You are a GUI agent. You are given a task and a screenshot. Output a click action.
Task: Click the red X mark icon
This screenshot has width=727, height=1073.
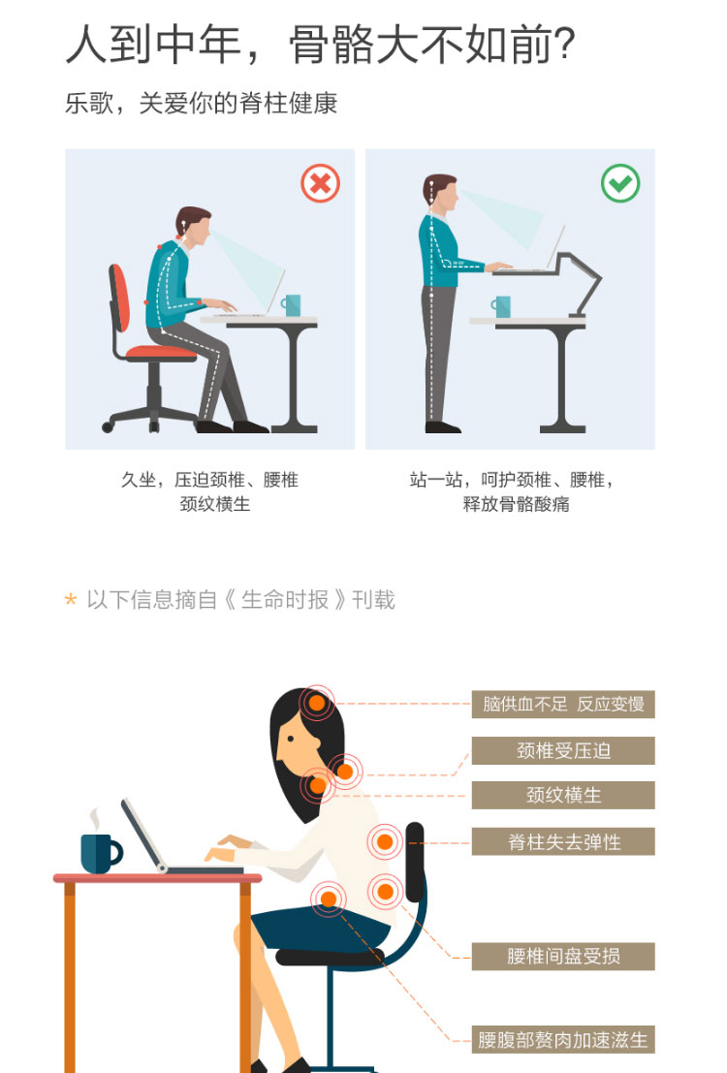pos(321,183)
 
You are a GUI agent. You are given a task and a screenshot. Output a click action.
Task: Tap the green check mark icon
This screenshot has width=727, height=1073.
pos(620,183)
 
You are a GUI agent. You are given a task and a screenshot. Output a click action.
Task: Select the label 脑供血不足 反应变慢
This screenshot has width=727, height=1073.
pos(563,704)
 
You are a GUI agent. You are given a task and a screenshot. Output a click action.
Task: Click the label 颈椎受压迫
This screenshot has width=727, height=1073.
pos(563,750)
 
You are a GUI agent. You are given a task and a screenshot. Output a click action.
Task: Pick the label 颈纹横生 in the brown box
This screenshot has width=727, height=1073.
pos(563,795)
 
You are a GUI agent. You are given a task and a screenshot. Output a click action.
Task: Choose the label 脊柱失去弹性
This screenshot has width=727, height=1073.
pos(563,841)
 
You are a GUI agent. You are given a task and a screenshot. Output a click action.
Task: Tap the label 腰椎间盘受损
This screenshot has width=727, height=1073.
pos(563,956)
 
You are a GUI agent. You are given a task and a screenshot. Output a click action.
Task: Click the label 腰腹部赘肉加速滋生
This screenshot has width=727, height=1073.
pos(563,1040)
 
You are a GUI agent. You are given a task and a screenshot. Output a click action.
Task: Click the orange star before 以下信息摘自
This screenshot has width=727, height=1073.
pos(71,600)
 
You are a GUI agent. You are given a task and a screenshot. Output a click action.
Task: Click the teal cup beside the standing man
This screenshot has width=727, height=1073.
pos(501,306)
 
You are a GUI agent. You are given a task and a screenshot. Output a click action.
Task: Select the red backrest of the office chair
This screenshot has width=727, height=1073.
pos(120,298)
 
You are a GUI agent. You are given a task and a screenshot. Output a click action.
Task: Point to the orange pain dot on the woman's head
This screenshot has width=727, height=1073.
pos(317,703)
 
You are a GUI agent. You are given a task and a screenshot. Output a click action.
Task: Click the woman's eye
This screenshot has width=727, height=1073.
pos(291,739)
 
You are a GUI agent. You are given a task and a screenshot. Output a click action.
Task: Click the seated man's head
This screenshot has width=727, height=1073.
pos(194,226)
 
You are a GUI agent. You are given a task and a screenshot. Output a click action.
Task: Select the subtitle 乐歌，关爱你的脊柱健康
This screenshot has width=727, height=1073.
pos(202,104)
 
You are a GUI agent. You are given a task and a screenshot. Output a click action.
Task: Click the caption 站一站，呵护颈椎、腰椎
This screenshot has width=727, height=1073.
pos(511,480)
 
